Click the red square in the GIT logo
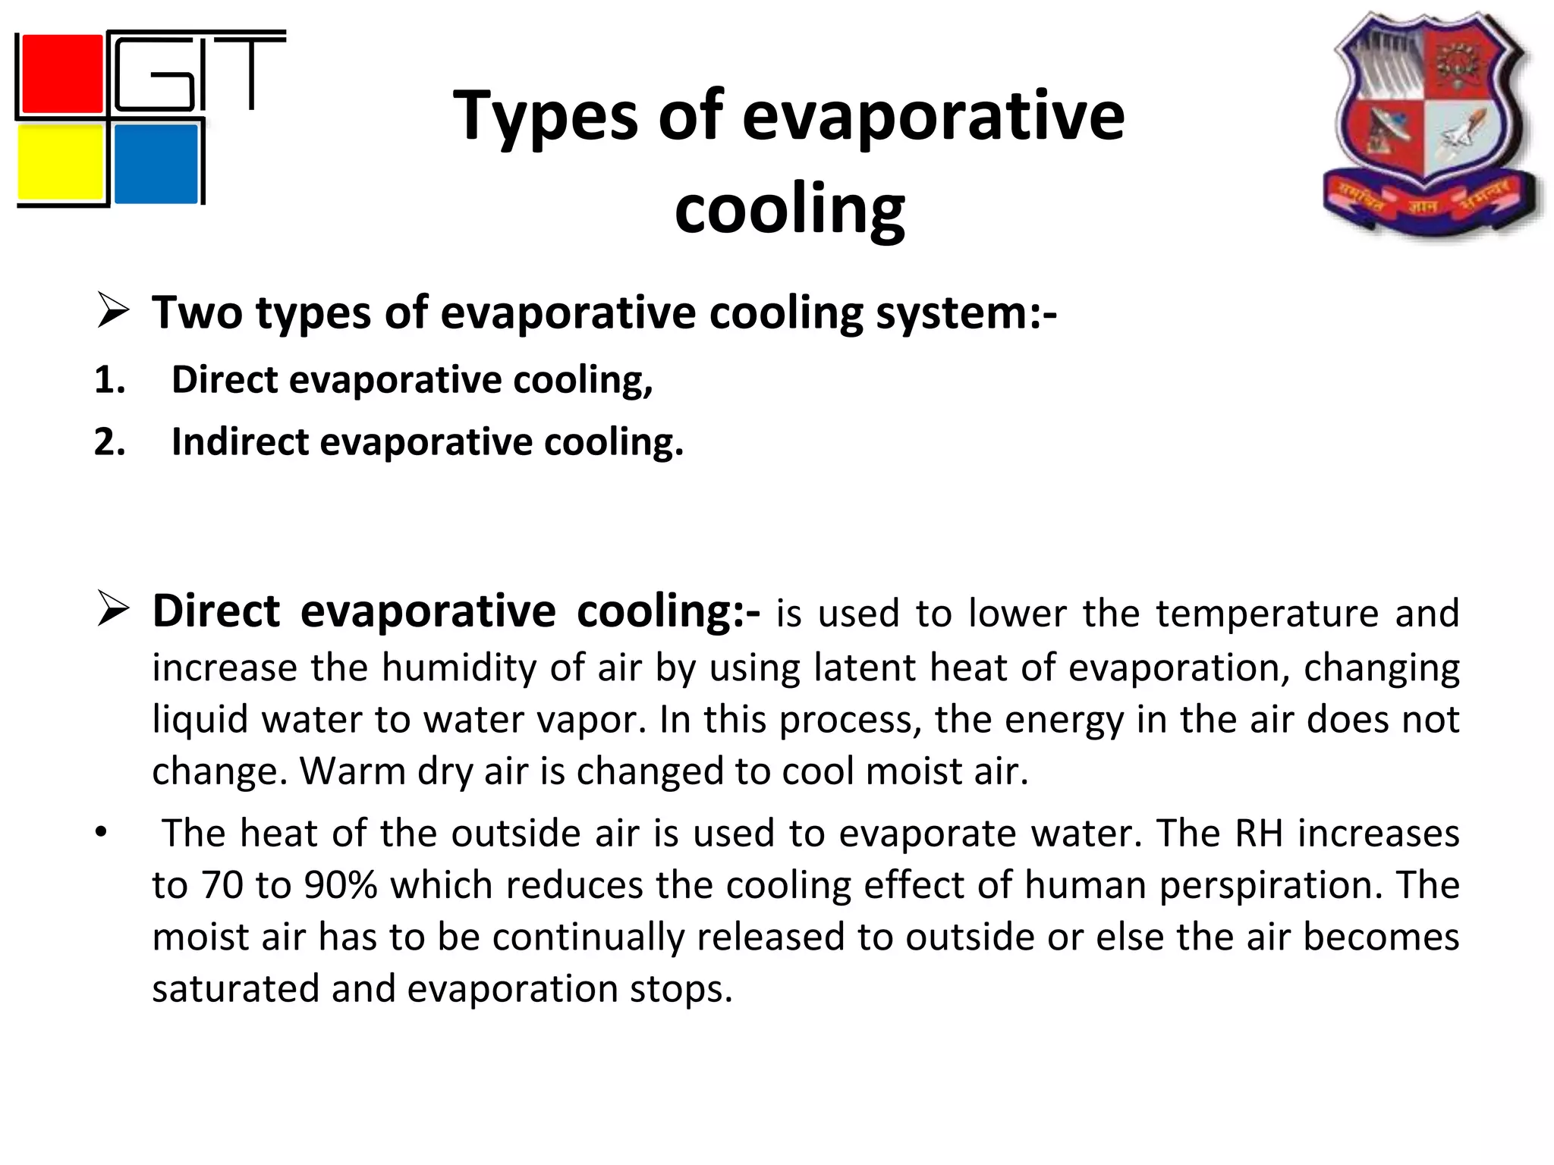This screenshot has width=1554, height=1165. coord(61,74)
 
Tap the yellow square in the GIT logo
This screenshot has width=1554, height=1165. coord(61,163)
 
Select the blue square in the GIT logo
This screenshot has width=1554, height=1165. coord(156,163)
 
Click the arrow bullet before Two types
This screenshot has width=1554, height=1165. coord(113,312)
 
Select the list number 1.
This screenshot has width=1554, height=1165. coord(109,379)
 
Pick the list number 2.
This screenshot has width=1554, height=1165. coord(109,441)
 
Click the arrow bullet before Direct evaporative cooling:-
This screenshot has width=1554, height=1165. coord(113,611)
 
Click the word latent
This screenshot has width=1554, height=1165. coord(864,668)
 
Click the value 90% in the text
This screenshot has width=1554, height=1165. coord(341,885)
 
